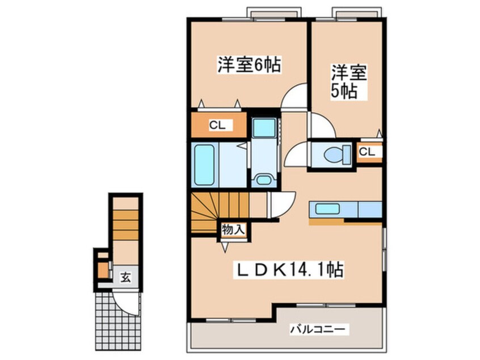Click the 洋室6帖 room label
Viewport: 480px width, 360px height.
tap(249, 64)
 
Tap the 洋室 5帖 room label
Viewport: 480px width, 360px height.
tap(349, 81)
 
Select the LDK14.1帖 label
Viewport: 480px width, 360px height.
tap(288, 269)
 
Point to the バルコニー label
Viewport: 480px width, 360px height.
tap(318, 330)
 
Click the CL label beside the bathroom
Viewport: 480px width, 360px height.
tap(217, 125)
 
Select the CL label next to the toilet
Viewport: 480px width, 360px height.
tap(367, 152)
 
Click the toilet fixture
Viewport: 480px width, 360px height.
tap(336, 154)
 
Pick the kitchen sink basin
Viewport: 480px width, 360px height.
tap(327, 209)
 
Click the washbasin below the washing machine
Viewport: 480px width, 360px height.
tap(263, 179)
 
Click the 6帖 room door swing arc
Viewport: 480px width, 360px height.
tap(294, 95)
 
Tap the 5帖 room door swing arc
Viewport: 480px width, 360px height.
tap(322, 125)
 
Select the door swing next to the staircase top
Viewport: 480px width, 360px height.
tap(282, 204)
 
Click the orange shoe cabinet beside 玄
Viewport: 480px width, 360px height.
tap(103, 270)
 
